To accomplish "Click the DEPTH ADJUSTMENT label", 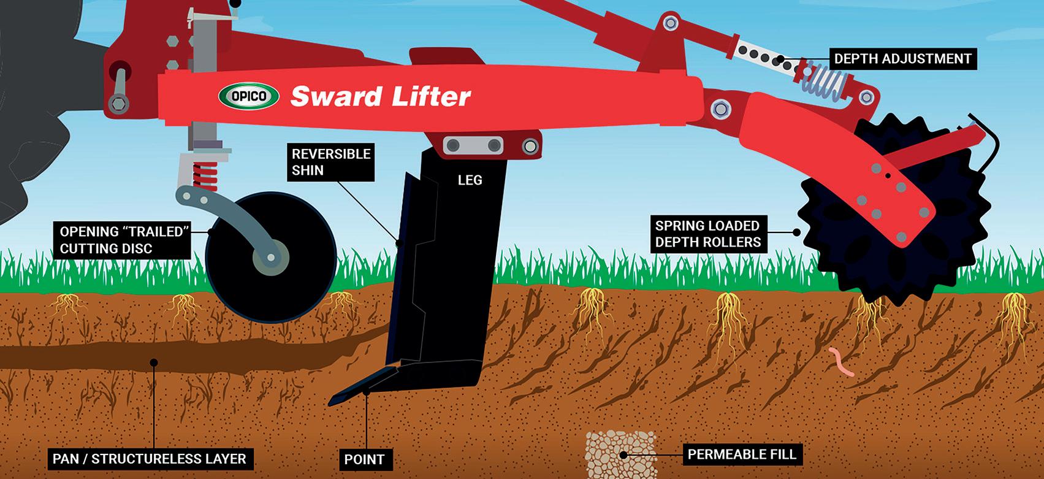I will (902, 59).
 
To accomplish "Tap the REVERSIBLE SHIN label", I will (331, 162).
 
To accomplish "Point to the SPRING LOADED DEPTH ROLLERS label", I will (707, 234).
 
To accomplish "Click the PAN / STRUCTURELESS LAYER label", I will (149, 458).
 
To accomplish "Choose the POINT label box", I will (364, 459).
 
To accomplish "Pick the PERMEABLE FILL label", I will (742, 454).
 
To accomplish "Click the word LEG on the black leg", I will (470, 180).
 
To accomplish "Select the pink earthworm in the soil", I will (840, 362).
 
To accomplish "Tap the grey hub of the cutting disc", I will (270, 258).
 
